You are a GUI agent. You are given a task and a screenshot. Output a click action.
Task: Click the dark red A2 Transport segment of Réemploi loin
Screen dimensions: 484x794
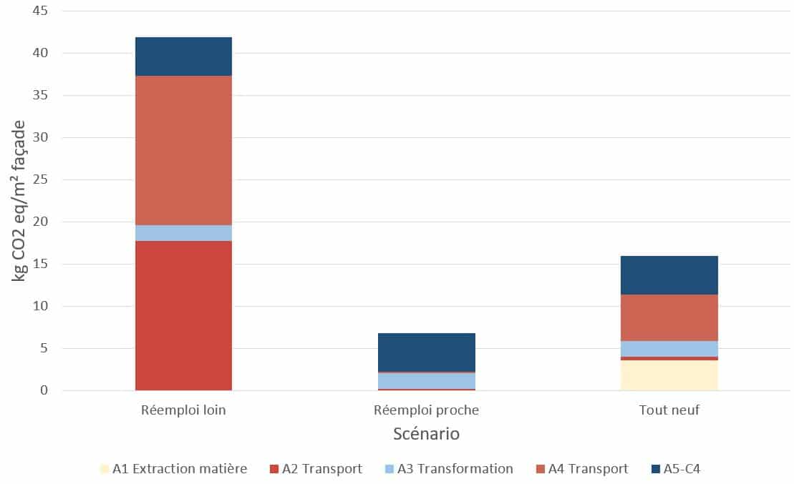pyautogui.click(x=183, y=315)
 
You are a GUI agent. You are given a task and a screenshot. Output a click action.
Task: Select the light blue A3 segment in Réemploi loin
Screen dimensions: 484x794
pyautogui.click(x=183, y=233)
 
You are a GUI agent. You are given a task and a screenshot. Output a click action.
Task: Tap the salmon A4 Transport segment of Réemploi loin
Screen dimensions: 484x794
pyautogui.click(x=183, y=150)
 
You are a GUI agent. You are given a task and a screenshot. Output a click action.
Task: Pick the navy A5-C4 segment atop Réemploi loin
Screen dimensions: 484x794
pyautogui.click(x=183, y=56)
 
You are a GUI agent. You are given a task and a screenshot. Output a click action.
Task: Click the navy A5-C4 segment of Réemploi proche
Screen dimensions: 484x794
pyautogui.click(x=426, y=352)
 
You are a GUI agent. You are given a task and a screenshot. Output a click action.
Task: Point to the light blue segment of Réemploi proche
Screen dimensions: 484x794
pyautogui.click(x=426, y=381)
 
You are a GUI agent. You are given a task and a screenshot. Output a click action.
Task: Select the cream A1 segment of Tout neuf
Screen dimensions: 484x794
pyautogui.click(x=669, y=375)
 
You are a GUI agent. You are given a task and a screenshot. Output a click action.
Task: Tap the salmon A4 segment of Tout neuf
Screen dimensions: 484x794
pyautogui.click(x=669, y=317)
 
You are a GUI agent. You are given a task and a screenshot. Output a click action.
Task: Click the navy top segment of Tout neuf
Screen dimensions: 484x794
pyautogui.click(x=669, y=275)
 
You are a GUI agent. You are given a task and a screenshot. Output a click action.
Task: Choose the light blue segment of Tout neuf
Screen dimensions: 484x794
pyautogui.click(x=669, y=349)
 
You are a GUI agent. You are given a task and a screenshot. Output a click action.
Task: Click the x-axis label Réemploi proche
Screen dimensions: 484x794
pyautogui.click(x=426, y=410)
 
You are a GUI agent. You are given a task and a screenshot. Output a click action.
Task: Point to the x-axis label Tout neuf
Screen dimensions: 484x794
pyautogui.click(x=669, y=410)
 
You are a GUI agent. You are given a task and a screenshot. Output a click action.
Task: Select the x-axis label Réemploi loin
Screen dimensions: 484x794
pyautogui.click(x=183, y=410)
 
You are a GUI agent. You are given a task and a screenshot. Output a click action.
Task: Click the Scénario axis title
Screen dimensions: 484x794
pyautogui.click(x=426, y=434)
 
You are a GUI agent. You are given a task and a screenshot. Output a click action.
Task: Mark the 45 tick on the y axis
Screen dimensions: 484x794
pyautogui.click(x=40, y=11)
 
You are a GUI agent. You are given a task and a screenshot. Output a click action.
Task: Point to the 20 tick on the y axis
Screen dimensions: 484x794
pyautogui.click(x=40, y=222)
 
